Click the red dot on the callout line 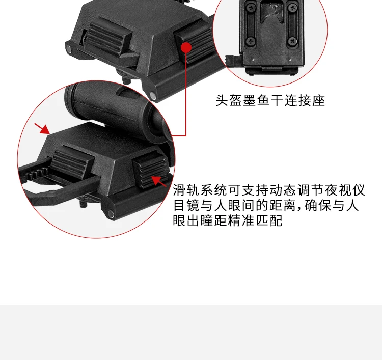click(186, 47)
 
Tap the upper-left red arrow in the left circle click(42, 129)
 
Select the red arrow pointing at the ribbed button click(159, 181)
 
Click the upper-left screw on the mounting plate click(251, 8)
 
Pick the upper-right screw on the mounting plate click(292, 8)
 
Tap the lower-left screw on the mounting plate click(251, 41)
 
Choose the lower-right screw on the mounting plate click(292, 41)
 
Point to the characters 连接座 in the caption click(305, 100)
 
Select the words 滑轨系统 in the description click(200, 190)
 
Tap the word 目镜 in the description click(186, 205)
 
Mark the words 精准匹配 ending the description click(255, 220)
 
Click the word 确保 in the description click(318, 205)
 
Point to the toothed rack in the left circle click(37, 174)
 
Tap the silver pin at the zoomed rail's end click(111, 214)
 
